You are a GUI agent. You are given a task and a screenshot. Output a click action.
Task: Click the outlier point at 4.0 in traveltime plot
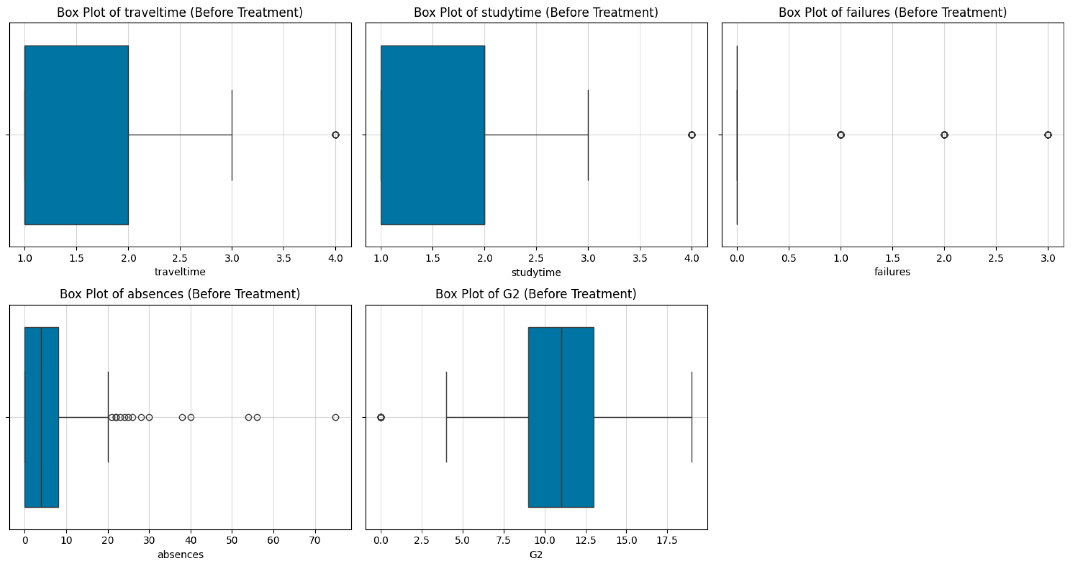pyautogui.click(x=336, y=135)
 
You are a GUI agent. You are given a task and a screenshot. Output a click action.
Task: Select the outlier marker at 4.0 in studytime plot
pyautogui.click(x=692, y=135)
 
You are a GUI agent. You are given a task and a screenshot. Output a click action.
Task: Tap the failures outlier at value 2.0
pyautogui.click(x=944, y=135)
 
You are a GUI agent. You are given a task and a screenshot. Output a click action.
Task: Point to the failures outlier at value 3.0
pyautogui.click(x=1048, y=135)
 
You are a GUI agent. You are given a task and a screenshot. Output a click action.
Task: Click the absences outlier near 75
pyautogui.click(x=336, y=417)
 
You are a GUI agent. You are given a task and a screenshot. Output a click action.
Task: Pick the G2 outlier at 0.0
pyautogui.click(x=381, y=417)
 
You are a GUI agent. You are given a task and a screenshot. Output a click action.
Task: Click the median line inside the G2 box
pyautogui.click(x=561, y=417)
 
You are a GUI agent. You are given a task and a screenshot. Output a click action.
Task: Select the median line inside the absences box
pyautogui.click(x=41, y=417)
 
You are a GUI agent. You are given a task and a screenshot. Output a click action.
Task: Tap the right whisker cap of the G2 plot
pyautogui.click(x=692, y=417)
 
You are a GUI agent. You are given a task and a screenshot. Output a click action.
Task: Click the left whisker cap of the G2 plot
pyautogui.click(x=447, y=417)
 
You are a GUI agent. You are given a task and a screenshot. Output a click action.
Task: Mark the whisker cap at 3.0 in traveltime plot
pyautogui.click(x=232, y=135)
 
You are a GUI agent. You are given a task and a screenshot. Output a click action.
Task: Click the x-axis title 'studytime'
pyautogui.click(x=536, y=273)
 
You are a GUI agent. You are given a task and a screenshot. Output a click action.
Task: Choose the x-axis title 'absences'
pyautogui.click(x=180, y=554)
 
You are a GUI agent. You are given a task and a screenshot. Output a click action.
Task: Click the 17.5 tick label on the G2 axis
pyautogui.click(x=667, y=540)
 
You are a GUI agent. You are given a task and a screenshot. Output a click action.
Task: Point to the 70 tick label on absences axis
pyautogui.click(x=315, y=540)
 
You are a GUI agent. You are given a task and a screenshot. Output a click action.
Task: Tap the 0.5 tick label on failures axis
pyautogui.click(x=789, y=258)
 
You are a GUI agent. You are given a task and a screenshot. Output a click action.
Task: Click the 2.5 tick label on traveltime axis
pyautogui.click(x=180, y=258)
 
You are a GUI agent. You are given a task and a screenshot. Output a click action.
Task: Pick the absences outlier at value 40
pyautogui.click(x=191, y=417)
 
